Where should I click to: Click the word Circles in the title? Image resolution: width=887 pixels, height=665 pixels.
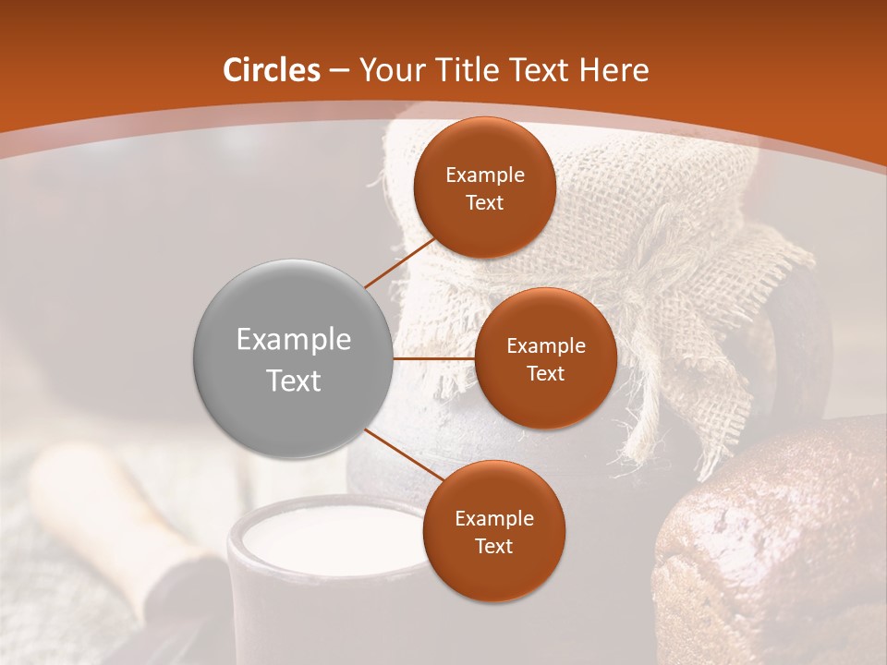coord(272,70)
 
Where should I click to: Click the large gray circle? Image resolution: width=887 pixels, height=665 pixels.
coord(293,358)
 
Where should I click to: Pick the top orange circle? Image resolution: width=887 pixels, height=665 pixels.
coord(484,187)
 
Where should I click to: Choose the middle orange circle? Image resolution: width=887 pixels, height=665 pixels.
coord(545,358)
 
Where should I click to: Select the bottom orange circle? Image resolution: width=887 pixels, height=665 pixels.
coord(493,531)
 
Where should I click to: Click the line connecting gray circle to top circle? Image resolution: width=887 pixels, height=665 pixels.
coord(401,261)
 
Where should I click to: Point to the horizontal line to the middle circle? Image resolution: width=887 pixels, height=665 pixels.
coord(433,358)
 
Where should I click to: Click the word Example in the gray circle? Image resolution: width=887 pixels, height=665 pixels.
coord(293,340)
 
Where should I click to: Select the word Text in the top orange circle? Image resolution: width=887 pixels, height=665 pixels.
coord(484,202)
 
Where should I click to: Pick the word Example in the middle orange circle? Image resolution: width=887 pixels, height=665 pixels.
coord(545,346)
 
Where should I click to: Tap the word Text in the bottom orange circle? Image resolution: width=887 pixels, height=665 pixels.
coord(493,546)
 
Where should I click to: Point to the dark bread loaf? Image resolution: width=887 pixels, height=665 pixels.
coord(776,545)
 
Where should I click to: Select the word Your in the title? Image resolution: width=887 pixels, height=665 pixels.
coord(384,70)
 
